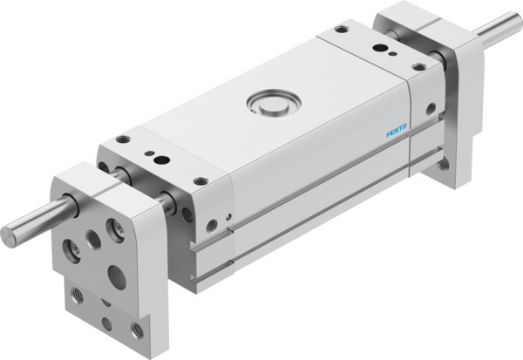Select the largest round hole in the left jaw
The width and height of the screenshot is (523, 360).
tap(114, 276)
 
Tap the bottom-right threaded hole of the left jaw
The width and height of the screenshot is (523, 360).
tap(136, 330)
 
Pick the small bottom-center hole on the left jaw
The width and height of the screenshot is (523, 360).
tap(106, 323)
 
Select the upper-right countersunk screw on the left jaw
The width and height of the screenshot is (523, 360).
tap(113, 229)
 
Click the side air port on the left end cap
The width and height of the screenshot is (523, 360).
tap(212, 226)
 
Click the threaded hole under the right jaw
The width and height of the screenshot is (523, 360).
tap(445, 163)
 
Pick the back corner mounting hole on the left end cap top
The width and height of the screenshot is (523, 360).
tap(123, 139)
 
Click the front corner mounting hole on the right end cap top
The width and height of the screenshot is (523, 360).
tap(419, 66)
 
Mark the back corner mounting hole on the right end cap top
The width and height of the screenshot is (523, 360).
tap(338, 30)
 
